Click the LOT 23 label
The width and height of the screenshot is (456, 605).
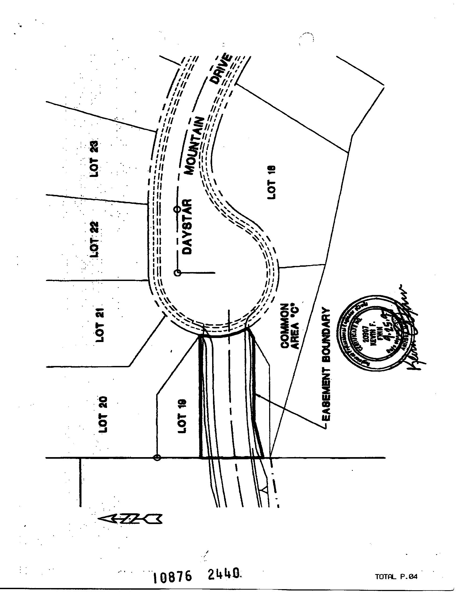point(94,159)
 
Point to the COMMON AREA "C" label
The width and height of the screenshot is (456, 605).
point(290,325)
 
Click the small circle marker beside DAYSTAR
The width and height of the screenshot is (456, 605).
point(177,209)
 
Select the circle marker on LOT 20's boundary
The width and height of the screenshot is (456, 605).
point(157,458)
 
